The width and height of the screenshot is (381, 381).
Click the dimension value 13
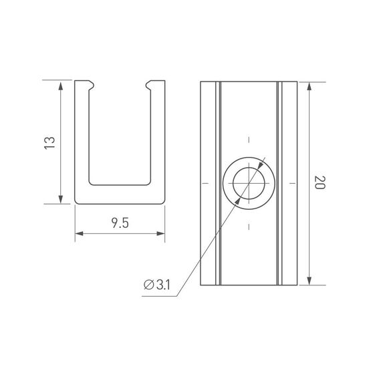(48, 142)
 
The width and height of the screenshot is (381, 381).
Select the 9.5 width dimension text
(120, 223)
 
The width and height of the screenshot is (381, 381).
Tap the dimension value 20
(319, 183)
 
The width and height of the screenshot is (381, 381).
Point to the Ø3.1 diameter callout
(158, 285)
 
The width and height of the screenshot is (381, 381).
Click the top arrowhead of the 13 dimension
(61, 85)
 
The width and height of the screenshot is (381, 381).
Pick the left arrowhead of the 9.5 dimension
(78, 233)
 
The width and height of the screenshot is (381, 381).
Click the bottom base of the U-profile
(120, 194)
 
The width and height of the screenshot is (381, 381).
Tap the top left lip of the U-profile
(86, 85)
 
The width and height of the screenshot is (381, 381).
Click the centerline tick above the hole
(249, 139)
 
